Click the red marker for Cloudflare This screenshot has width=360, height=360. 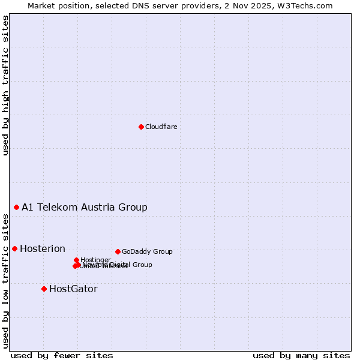pyautogui.click(x=141, y=127)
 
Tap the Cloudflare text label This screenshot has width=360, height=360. pyautogui.click(x=161, y=127)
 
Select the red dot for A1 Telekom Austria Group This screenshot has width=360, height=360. pyautogui.click(x=16, y=207)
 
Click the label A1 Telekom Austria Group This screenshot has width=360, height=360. pyautogui.click(x=85, y=207)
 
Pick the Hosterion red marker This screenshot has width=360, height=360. pyautogui.click(x=14, y=248)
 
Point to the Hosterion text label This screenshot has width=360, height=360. pyautogui.click(x=43, y=248)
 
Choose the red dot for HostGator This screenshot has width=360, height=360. pyautogui.click(x=44, y=289)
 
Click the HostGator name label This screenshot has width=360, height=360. pyautogui.click(x=73, y=289)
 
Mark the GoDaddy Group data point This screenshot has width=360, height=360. pyautogui.click(x=118, y=251)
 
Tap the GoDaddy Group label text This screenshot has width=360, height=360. pyautogui.click(x=147, y=251)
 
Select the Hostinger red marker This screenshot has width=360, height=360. pyautogui.click(x=76, y=260)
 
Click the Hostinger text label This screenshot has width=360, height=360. pyautogui.click(x=95, y=260)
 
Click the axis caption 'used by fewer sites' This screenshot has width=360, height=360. pyautogui.click(x=62, y=355)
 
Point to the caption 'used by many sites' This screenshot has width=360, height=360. pyautogui.click(x=301, y=355)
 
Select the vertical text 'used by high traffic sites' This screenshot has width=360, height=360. pyautogui.click(x=5, y=85)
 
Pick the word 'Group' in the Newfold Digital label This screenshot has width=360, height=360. pyautogui.click(x=142, y=265)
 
